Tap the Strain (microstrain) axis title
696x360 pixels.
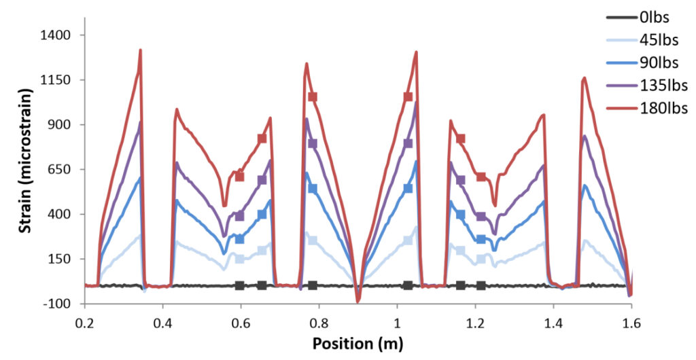coord(25,168)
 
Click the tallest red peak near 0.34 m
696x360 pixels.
coord(140,50)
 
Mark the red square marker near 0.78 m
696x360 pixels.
coord(313,97)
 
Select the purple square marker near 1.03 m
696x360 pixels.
coord(408,143)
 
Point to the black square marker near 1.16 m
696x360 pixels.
coord(460,285)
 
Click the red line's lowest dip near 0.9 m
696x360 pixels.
coord(358,300)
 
